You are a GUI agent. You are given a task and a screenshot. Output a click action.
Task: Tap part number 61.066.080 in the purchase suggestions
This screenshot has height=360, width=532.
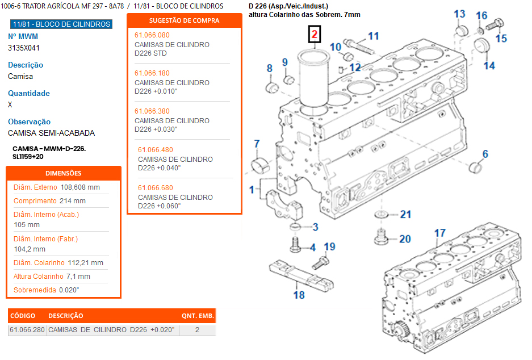(152, 35)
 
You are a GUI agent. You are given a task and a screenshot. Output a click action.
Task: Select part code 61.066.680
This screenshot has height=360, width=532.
(156, 188)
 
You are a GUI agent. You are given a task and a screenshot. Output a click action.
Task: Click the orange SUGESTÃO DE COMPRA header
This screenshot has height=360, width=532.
(184, 20)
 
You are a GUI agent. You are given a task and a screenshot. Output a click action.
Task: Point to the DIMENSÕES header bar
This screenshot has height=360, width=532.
(63, 173)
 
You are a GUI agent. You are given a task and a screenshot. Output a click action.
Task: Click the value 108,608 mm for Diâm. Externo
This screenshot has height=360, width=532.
(80, 187)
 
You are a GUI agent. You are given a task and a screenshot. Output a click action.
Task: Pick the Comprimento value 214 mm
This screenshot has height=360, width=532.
(73, 201)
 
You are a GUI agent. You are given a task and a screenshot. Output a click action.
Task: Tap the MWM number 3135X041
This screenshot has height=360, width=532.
(24, 48)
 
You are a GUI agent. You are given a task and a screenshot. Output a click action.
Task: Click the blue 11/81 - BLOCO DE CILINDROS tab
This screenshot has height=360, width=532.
(61, 24)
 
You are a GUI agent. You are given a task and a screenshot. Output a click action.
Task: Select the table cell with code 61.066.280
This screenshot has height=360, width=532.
(27, 330)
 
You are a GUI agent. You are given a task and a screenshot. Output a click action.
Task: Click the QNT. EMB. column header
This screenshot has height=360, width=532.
(198, 316)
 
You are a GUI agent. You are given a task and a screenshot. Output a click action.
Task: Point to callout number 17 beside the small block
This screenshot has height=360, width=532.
(440, 233)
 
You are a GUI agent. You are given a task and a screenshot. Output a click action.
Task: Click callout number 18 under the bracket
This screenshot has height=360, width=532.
(299, 295)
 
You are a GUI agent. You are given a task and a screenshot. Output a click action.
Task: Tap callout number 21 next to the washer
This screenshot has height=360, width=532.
(405, 215)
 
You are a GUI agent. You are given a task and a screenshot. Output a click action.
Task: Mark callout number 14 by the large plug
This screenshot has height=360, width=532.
(489, 65)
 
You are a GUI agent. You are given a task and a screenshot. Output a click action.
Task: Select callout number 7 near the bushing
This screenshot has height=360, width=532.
(257, 143)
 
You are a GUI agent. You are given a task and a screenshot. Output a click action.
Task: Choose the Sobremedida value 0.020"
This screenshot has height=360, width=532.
(69, 290)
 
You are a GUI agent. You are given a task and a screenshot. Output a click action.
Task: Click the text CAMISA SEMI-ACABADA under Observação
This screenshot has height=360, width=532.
(51, 133)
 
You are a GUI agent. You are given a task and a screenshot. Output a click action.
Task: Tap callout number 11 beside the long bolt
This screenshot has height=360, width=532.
(373, 36)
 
